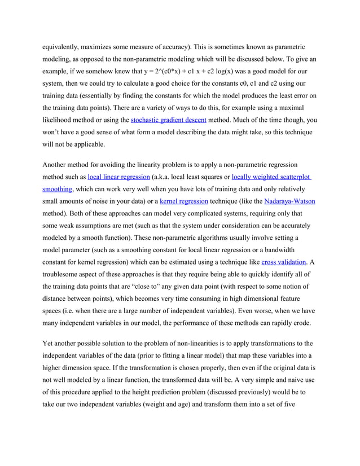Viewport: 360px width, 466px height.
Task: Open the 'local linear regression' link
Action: [118, 177]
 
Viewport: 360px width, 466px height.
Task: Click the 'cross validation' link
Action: [284, 262]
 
